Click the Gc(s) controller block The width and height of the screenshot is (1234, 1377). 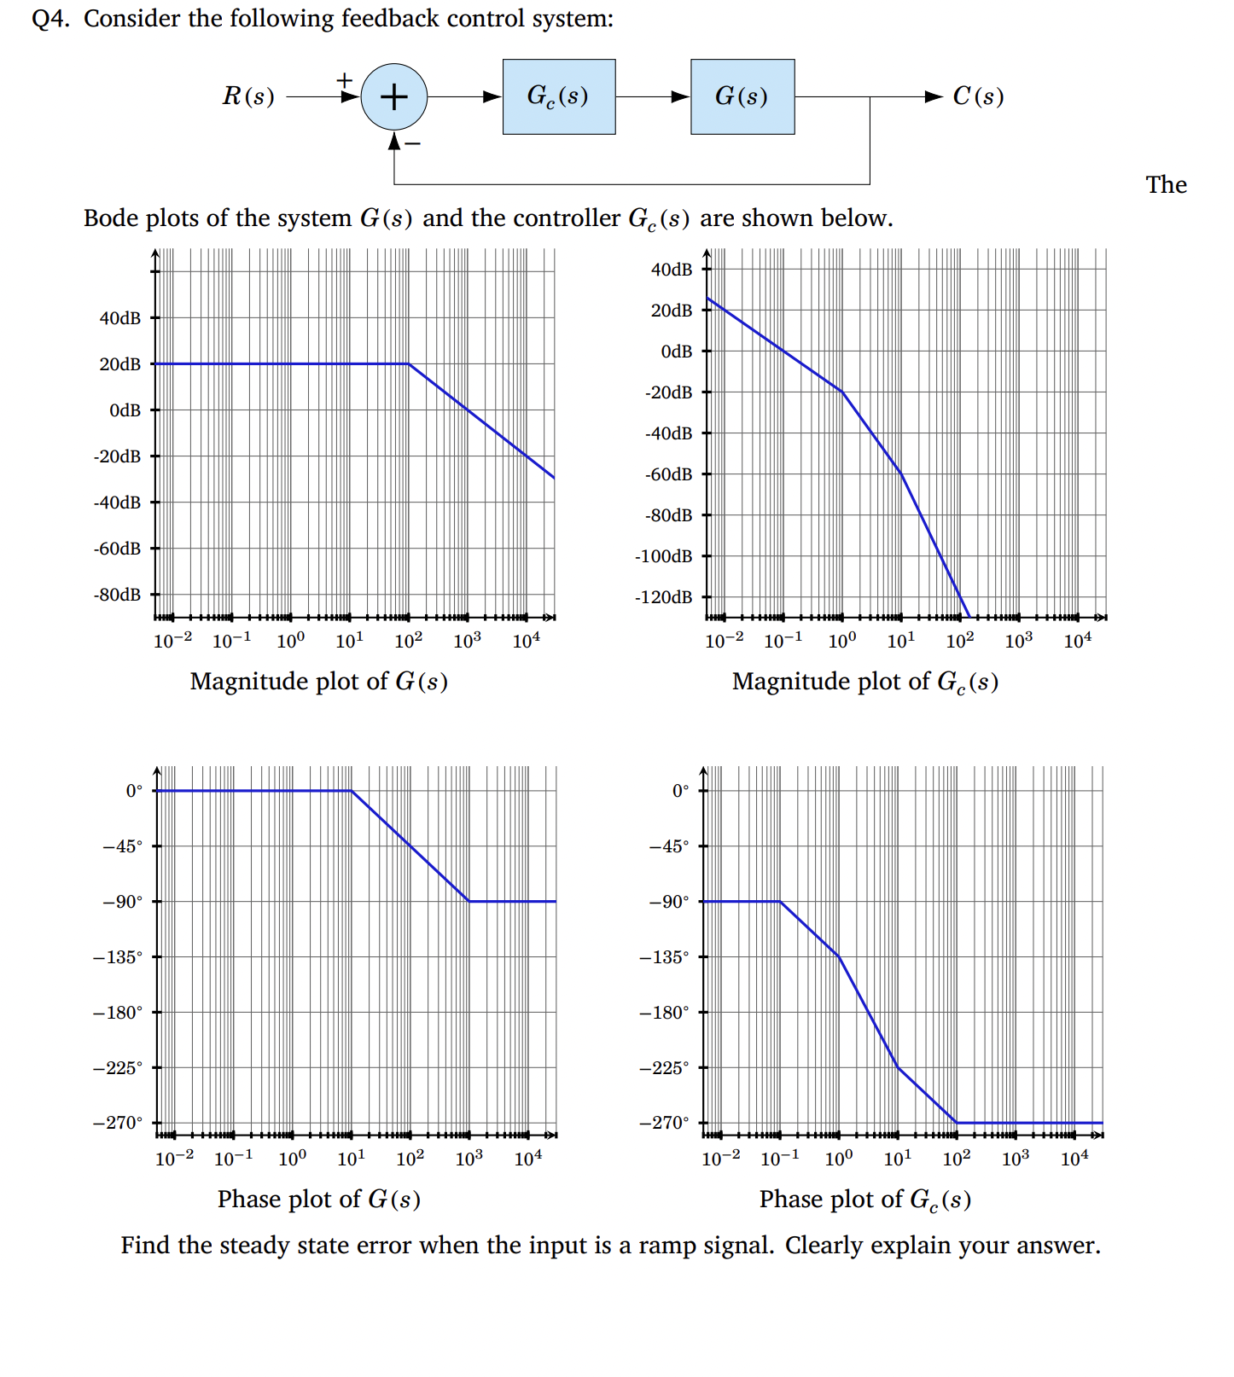pos(558,96)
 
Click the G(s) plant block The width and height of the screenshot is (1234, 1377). pos(742,96)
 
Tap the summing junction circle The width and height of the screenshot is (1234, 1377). pos(393,96)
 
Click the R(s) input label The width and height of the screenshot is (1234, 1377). pos(248,96)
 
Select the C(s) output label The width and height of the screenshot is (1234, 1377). pos(978,96)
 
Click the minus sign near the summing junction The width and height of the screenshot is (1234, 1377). pos(413,143)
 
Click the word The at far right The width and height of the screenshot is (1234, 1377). pos(1166,185)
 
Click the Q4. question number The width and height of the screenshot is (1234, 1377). pos(49,19)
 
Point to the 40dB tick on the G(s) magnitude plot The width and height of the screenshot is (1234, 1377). pos(120,318)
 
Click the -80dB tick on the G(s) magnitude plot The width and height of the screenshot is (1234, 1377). pos(118,595)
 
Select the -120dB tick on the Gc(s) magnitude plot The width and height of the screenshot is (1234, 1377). pos(664,597)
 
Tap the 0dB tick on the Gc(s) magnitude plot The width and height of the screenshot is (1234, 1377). pos(677,352)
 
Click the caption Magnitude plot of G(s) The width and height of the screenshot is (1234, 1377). pos(318,682)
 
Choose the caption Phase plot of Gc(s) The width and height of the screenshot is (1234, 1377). pos(864,1200)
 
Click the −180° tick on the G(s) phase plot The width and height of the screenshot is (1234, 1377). pos(119,1013)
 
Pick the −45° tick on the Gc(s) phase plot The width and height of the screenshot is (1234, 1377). pos(668,846)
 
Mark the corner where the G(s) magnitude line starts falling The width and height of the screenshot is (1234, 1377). pos(409,364)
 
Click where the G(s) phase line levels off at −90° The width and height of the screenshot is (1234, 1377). pos(469,901)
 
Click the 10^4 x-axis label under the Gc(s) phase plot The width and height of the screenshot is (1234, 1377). pos(1074,1159)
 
